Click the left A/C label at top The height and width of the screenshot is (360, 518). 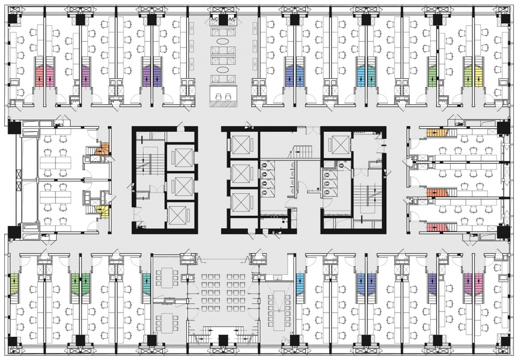(214, 19)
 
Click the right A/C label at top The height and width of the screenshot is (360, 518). (233, 19)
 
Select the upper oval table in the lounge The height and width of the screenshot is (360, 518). (223, 41)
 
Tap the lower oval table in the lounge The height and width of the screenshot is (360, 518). (223, 70)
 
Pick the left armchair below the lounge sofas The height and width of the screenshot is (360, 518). (219, 96)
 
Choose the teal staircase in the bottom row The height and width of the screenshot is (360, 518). (146, 284)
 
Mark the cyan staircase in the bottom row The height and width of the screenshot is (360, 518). (300, 284)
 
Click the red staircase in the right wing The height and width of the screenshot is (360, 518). (437, 227)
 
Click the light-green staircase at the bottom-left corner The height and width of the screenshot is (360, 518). (14, 284)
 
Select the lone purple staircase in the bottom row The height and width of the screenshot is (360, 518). (432, 284)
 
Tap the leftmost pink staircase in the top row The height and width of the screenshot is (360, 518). (39, 76)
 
